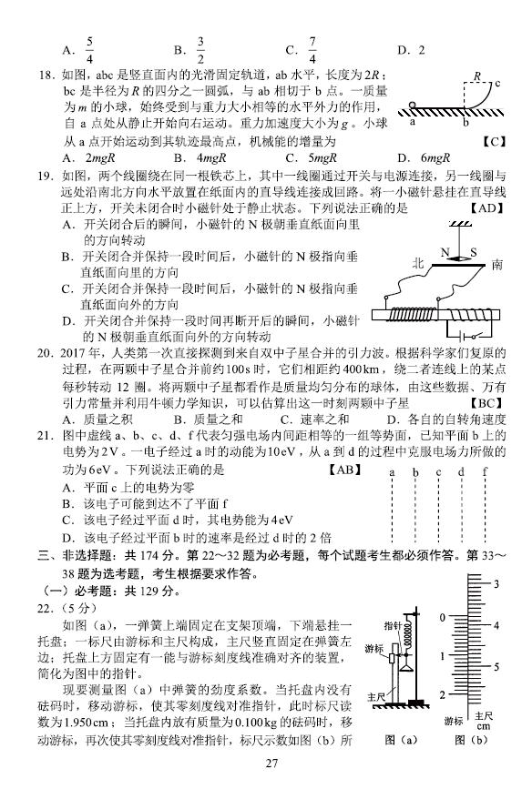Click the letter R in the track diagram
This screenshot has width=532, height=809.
pyautogui.click(x=476, y=76)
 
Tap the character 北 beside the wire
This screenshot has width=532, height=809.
pyautogui.click(x=418, y=264)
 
